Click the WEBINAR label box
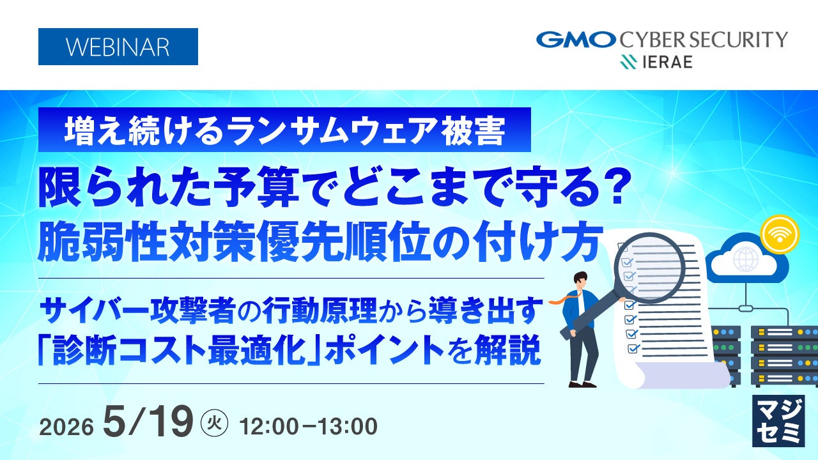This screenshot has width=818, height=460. point(118,47)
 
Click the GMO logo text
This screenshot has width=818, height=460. point(576,40)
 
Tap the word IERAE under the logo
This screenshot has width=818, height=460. point(667,62)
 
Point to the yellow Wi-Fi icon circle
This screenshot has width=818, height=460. point(780,234)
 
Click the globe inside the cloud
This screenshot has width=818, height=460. point(746,259)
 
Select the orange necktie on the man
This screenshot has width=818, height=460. point(564,300)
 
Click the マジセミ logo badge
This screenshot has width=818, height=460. point(778,421)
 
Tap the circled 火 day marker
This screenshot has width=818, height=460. point(214,424)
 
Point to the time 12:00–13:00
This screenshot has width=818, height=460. point(309,426)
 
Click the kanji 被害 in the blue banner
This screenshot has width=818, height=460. point(474,130)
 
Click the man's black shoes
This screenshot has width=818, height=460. point(583,384)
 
